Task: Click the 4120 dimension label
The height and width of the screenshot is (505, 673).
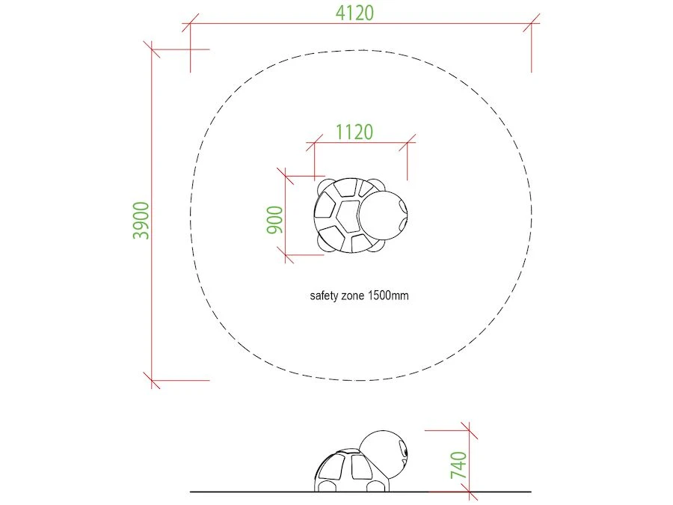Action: tap(354, 13)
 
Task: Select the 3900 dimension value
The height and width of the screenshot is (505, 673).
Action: tap(141, 220)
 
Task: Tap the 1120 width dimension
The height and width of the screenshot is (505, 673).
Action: tap(354, 132)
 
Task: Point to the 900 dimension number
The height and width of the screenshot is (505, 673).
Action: tap(275, 220)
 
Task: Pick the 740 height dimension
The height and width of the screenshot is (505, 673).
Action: tap(458, 465)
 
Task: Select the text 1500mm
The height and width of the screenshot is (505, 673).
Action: tap(388, 296)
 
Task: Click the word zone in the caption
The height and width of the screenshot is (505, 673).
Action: tap(352, 296)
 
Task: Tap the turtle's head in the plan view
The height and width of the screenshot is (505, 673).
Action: tap(382, 215)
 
